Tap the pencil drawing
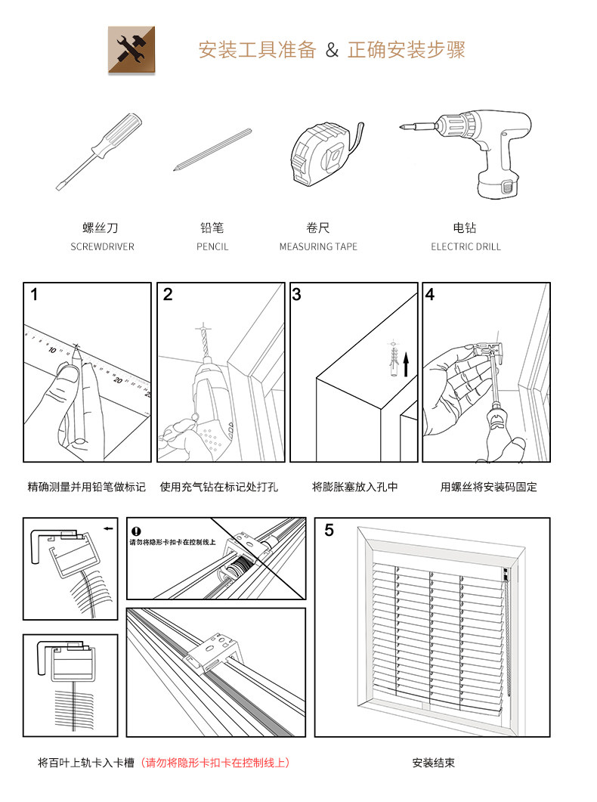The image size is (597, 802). (x=212, y=150)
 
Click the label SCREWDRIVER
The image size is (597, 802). (x=102, y=247)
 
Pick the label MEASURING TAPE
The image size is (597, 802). (x=318, y=247)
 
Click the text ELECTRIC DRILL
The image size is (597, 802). (x=466, y=247)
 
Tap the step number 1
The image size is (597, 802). (x=35, y=295)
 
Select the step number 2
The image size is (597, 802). (x=168, y=295)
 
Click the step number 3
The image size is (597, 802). (x=297, y=295)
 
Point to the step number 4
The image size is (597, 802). (x=430, y=295)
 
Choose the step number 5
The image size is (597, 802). (x=329, y=530)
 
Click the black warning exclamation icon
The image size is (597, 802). (x=136, y=531)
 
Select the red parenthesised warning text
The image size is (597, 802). (x=216, y=763)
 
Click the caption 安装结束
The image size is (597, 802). (x=434, y=763)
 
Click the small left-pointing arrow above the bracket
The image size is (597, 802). (x=110, y=528)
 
